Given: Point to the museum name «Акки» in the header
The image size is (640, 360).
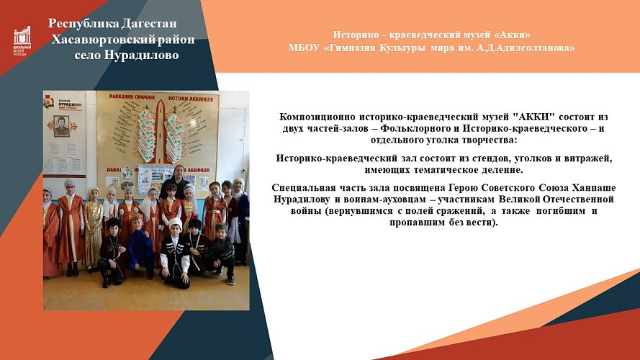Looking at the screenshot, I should (509, 35).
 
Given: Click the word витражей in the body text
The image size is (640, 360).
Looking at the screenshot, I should (589, 158).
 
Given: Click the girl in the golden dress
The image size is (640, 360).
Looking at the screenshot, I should (93, 223).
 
